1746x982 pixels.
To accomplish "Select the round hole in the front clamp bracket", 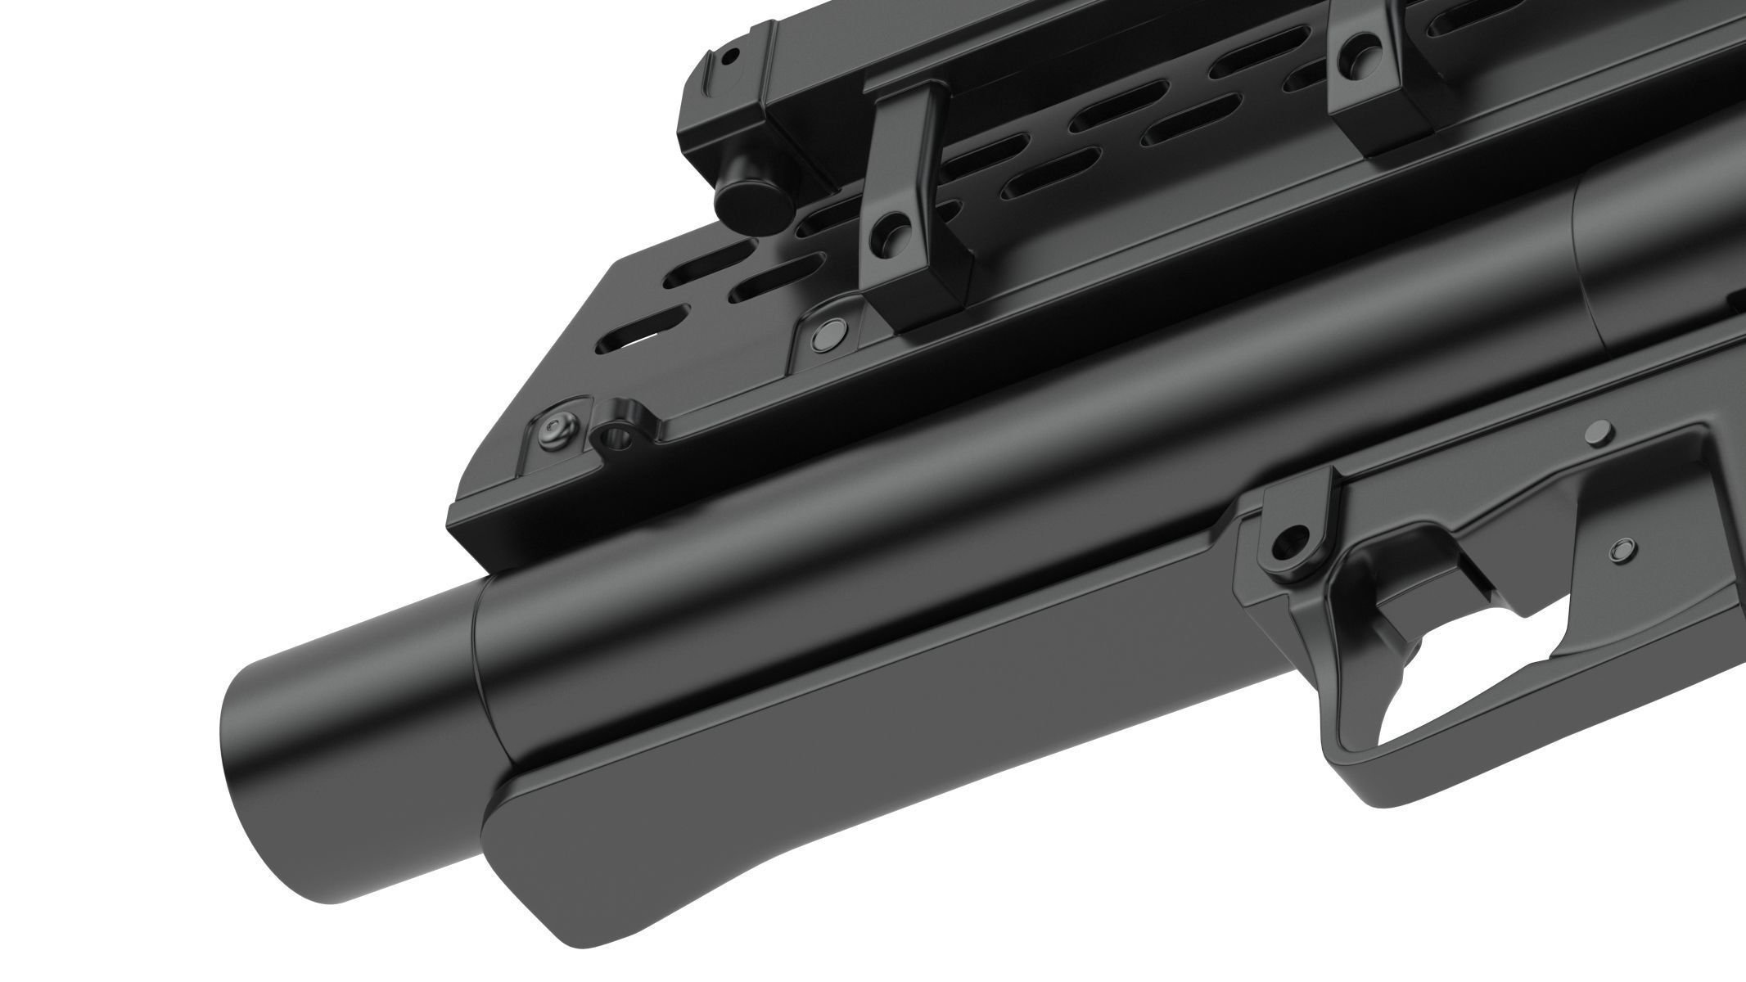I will [887, 236].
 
